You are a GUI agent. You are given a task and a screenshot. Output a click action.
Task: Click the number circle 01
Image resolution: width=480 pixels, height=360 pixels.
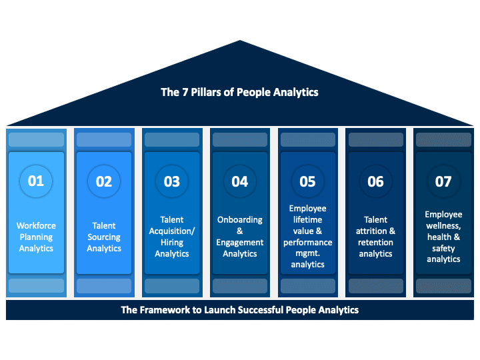tap(36, 181)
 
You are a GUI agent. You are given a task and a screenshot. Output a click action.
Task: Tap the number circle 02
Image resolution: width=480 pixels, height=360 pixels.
tap(104, 181)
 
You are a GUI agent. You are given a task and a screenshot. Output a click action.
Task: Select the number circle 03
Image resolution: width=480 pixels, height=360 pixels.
tap(172, 181)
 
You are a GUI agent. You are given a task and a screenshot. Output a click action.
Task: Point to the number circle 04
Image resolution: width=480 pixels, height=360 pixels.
tap(240, 181)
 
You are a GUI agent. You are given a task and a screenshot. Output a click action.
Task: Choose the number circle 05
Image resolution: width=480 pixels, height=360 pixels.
tap(307, 181)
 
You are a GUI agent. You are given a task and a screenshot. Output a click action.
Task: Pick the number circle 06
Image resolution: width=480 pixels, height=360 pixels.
tap(375, 181)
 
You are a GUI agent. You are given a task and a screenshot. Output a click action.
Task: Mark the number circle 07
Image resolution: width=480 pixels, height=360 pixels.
tap(443, 181)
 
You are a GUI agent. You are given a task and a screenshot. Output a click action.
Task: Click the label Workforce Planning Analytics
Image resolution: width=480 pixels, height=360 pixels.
tap(36, 237)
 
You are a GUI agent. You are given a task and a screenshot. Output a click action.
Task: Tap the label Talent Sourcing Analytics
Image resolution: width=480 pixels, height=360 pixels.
tap(104, 237)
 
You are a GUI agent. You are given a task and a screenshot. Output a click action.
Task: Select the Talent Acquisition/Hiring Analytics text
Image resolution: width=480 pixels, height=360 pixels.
tap(172, 237)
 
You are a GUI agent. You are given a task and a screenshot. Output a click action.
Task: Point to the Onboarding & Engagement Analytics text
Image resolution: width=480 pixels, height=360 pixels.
tap(240, 237)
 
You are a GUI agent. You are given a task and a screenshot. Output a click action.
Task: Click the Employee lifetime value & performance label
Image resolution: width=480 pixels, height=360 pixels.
tap(307, 237)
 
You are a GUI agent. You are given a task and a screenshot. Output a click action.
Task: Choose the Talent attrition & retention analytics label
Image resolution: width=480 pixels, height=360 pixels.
tap(375, 237)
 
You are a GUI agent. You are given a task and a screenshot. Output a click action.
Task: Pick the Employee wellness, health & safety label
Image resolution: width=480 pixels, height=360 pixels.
tap(443, 237)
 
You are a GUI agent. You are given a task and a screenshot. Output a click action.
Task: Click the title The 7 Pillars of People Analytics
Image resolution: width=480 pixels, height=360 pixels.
tap(239, 93)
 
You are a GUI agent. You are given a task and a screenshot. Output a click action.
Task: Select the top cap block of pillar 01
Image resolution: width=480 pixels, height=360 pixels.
tap(36, 140)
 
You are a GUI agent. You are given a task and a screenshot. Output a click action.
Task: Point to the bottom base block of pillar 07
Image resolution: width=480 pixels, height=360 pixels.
tap(443, 286)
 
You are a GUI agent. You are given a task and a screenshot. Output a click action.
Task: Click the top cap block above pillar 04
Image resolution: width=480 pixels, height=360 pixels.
tap(240, 140)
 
